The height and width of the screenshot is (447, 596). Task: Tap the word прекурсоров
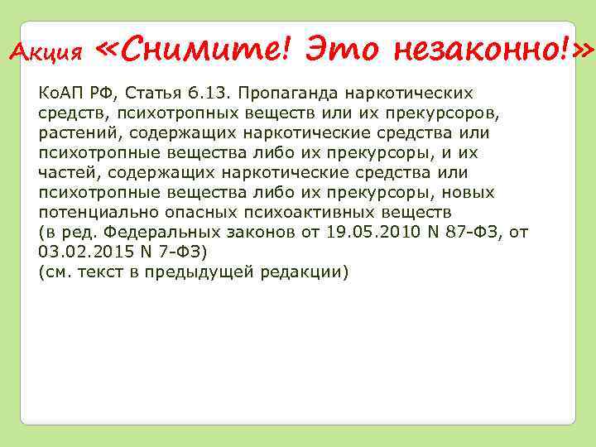pyautogui.click(x=454, y=113)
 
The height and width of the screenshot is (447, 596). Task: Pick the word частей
pyautogui.click(x=65, y=172)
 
